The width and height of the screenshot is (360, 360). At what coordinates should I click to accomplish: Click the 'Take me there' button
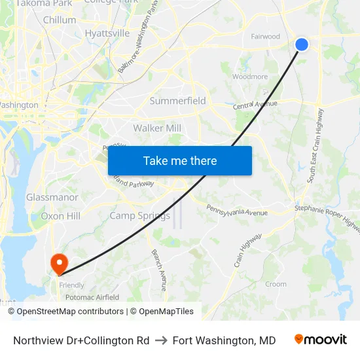coord(180,160)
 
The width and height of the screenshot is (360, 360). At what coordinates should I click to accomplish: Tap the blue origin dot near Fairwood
coord(302,44)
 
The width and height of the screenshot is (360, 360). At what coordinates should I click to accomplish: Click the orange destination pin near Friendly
coord(59,264)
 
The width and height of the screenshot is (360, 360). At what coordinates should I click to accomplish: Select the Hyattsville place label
coord(107,33)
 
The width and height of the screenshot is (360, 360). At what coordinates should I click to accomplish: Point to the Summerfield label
coord(178,101)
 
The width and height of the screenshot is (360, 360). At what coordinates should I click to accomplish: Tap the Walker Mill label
coord(157,128)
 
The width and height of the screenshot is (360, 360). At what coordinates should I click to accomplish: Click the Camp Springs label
coord(139,215)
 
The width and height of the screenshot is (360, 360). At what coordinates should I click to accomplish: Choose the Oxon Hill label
coord(60,216)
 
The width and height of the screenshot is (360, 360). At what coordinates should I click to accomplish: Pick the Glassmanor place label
coord(52,197)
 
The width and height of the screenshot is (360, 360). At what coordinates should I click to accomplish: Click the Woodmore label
coord(250,77)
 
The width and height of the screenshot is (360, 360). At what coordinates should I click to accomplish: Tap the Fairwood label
coord(266,37)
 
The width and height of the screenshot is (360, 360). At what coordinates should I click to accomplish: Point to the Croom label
coord(276,284)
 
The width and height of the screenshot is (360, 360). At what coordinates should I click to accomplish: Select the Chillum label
coord(60,20)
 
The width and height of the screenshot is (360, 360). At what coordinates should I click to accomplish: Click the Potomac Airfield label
coord(92,297)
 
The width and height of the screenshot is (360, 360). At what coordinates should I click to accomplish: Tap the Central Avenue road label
coord(256,105)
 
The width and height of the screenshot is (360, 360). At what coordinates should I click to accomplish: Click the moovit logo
coord(321,340)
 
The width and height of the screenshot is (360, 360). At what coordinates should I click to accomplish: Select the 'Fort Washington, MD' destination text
coord(224,340)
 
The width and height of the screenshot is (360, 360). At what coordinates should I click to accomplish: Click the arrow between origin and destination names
coord(161,340)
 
